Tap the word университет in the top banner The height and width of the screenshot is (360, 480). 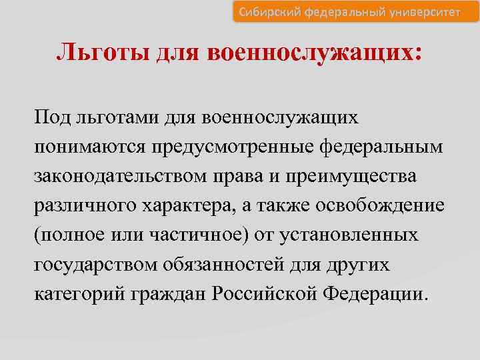point(424,11)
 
